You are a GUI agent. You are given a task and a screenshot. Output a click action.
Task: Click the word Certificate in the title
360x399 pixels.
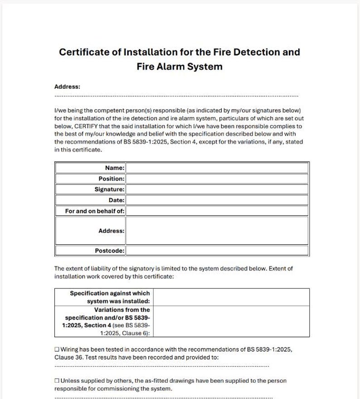coord(84,52)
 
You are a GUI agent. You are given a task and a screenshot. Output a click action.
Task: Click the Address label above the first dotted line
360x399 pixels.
coord(67,87)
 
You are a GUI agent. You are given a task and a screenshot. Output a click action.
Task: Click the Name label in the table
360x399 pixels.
coord(114,168)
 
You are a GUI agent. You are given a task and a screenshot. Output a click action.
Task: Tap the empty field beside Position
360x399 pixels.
coord(217,179)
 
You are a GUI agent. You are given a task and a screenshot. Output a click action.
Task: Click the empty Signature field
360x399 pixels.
coord(217,190)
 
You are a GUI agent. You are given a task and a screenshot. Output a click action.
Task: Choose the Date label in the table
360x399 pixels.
coord(116,200)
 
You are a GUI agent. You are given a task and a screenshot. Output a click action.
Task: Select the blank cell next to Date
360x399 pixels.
coord(217,200)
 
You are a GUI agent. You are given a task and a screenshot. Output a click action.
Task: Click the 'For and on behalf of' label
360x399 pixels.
coord(94,211)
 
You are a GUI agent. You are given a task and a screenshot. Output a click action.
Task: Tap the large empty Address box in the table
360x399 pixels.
coord(217,230)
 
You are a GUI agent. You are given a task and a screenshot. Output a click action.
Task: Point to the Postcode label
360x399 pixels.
coord(109,250)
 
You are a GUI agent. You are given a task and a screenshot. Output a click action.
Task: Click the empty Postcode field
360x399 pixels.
coord(217,250)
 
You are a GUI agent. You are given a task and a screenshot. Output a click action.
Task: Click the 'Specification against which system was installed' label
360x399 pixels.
coord(109,297)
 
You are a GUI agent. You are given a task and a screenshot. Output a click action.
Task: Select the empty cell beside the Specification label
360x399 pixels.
coord(231,297)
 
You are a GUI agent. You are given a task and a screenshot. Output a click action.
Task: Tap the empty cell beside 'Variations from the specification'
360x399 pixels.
coord(231,321)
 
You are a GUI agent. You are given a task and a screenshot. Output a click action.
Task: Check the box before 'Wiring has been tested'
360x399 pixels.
coord(57,350)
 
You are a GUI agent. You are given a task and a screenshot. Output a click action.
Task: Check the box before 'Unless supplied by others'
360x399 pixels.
coord(57,381)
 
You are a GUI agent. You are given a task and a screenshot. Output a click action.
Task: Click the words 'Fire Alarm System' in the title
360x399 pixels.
coord(179,67)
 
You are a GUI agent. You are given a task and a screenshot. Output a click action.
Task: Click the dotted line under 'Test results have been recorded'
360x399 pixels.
coord(161,366)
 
